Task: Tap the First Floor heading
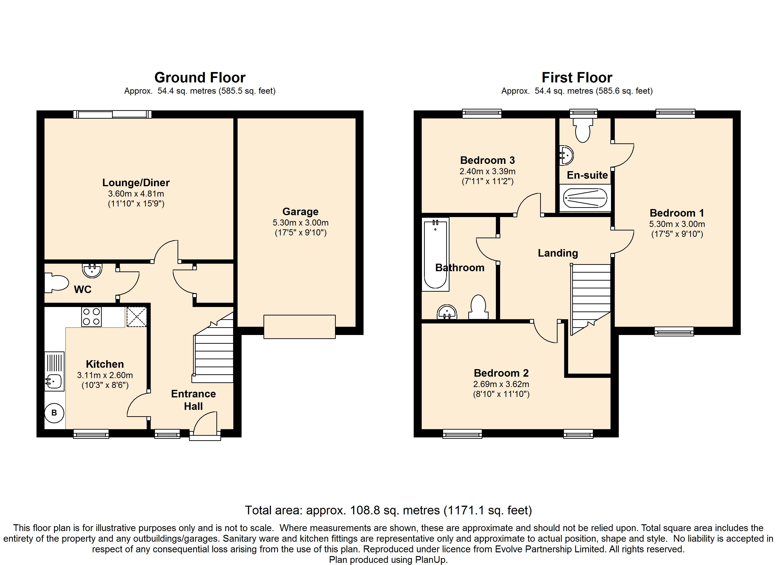click(x=577, y=78)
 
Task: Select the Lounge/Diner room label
click(x=136, y=183)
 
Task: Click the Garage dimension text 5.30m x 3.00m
click(x=300, y=223)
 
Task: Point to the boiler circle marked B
click(x=54, y=413)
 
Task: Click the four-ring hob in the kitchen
click(x=91, y=317)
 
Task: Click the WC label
click(x=83, y=290)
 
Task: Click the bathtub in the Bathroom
click(x=435, y=254)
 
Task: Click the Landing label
click(x=558, y=253)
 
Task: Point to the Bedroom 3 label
click(x=488, y=160)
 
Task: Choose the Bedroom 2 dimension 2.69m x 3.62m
click(x=501, y=384)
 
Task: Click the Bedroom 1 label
click(x=677, y=213)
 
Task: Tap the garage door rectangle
click(x=299, y=327)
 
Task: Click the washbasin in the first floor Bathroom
click(x=447, y=312)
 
